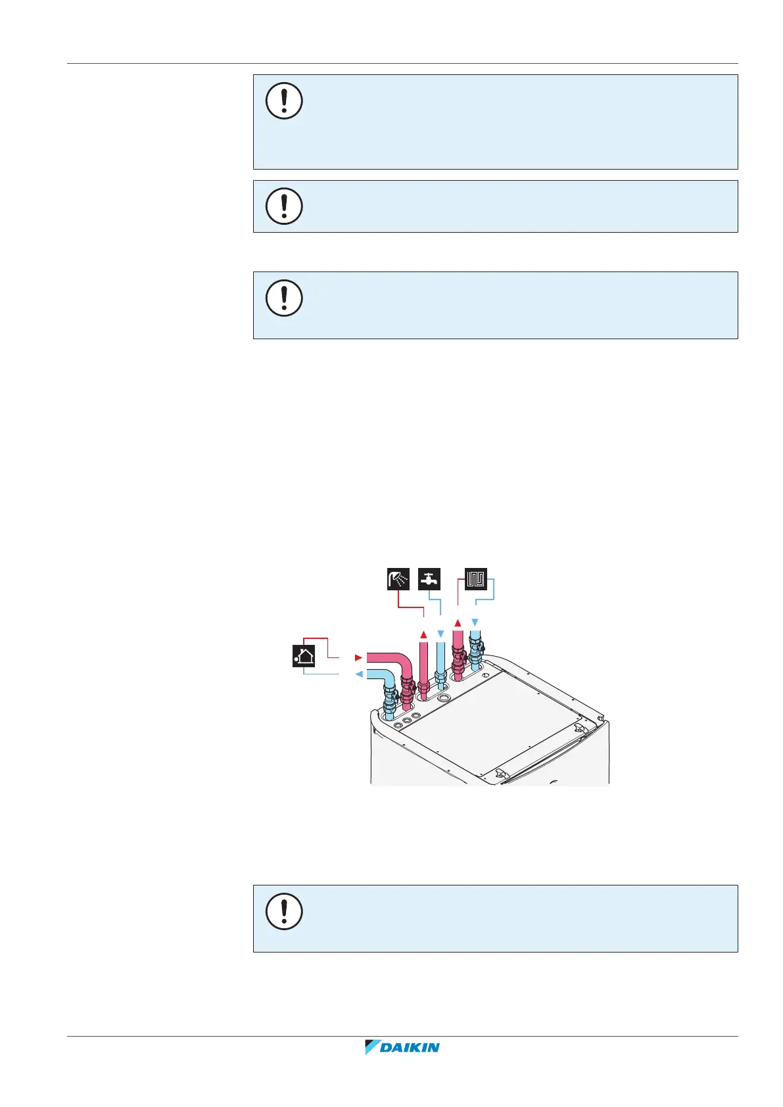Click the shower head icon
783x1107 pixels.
tap(398, 579)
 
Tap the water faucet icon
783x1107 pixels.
tap(429, 579)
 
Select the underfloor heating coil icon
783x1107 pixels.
tap(476, 579)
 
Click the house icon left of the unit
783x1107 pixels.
tap(304, 656)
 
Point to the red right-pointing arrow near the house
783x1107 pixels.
tap(358, 657)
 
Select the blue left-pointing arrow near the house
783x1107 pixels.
tap(358, 674)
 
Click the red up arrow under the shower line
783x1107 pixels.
tap(424, 634)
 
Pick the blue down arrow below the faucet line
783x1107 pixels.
tap(440, 634)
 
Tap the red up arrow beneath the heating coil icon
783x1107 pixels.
tap(458, 622)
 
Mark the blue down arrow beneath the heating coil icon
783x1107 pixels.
tap(475, 622)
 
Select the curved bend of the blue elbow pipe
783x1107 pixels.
tap(388, 677)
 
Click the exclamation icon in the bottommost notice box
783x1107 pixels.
tap(284, 911)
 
